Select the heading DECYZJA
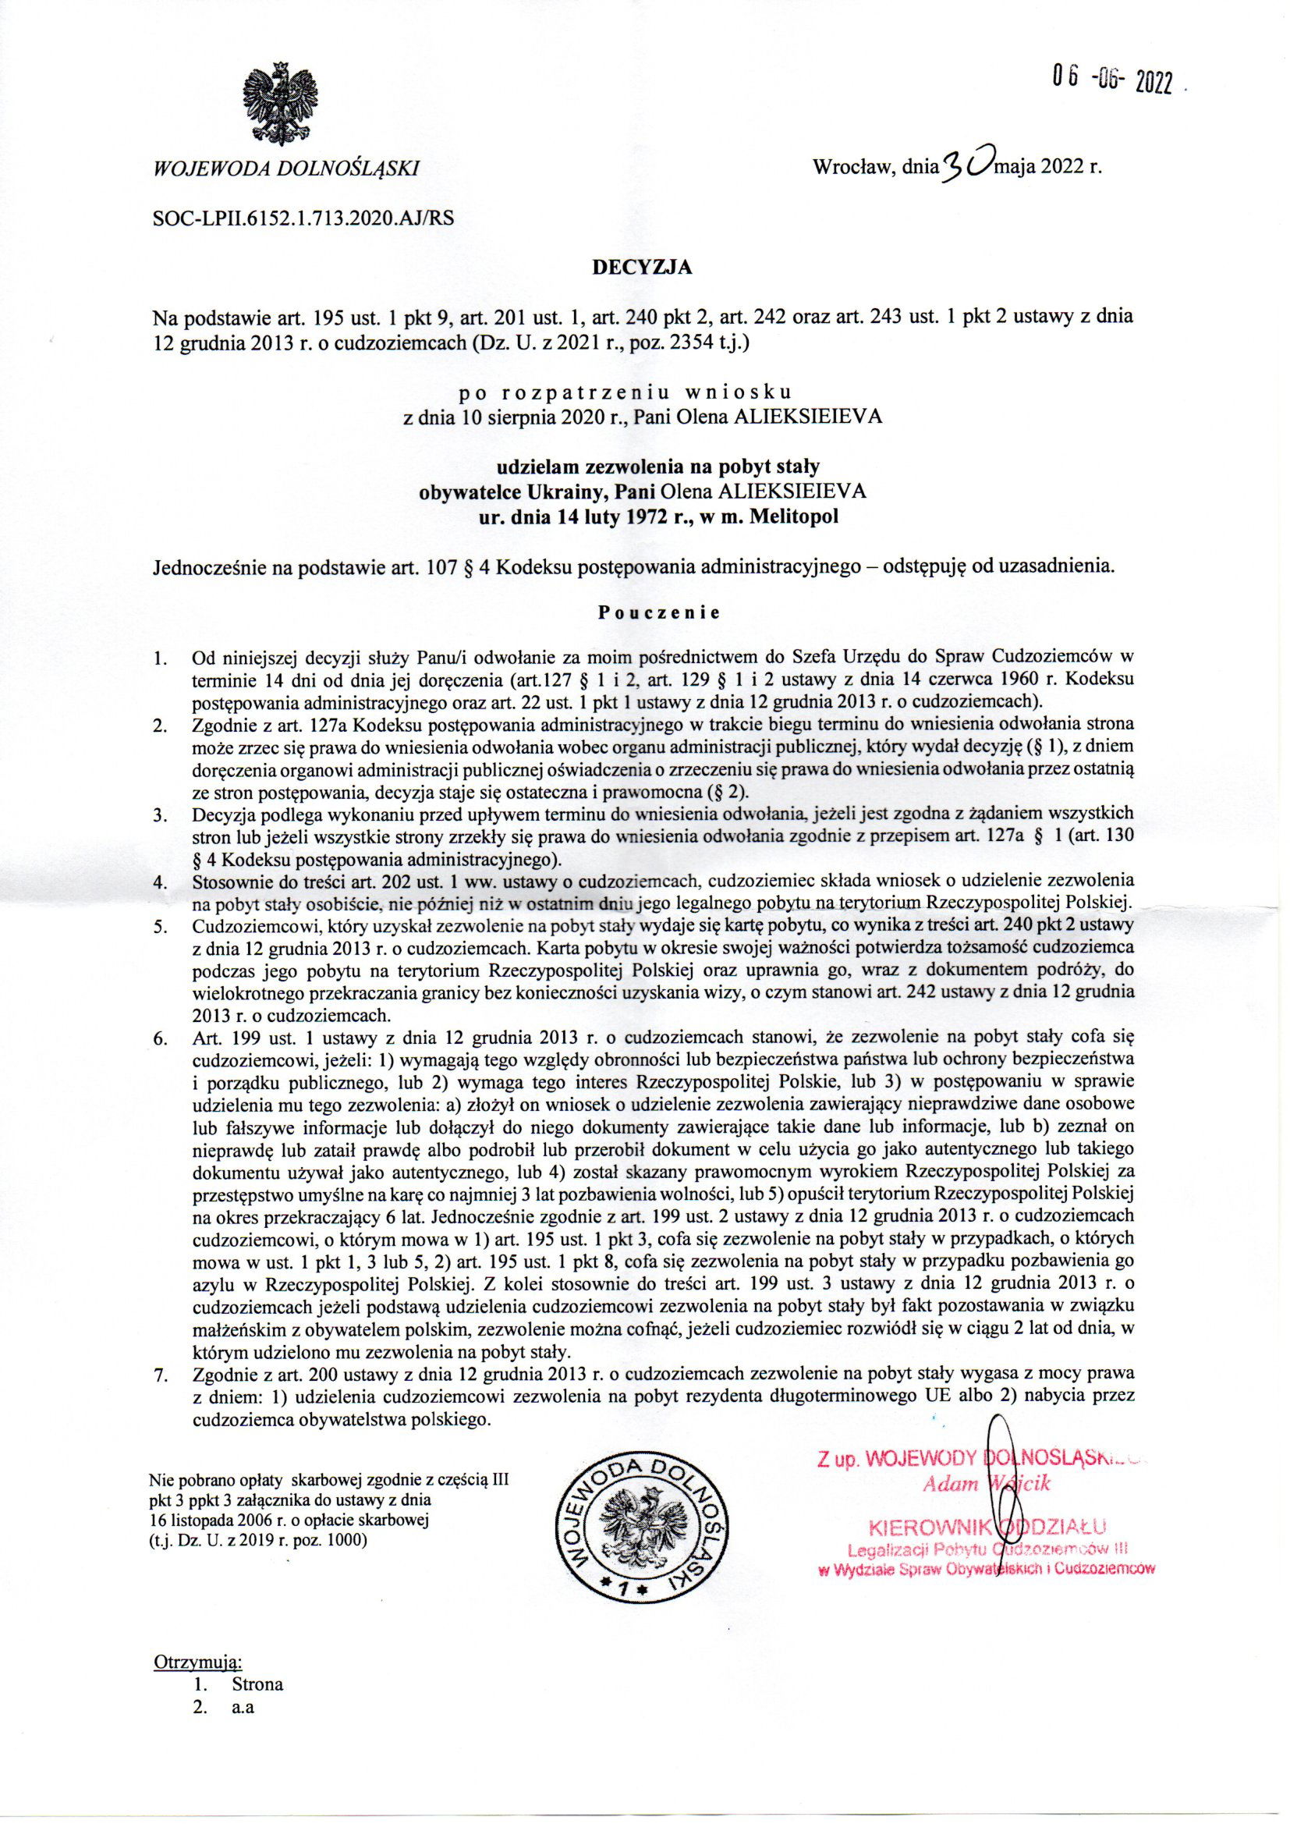pos(643,268)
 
